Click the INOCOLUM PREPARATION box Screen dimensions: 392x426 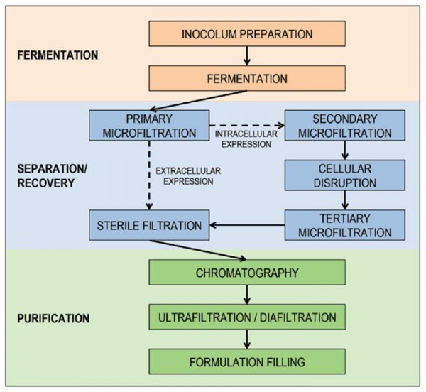click(247, 33)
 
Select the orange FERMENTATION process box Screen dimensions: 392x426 click(247, 77)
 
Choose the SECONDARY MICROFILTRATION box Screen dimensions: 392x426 click(345, 125)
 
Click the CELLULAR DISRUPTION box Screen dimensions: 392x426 click(345, 175)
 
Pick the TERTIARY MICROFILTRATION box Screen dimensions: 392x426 click(345, 224)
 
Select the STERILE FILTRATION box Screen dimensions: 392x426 click(149, 225)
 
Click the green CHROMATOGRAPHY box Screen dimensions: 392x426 click(247, 272)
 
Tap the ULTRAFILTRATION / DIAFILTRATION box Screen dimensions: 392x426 click(247, 316)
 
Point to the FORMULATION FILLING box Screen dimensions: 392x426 click(247, 361)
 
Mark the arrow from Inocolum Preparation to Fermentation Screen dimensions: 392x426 click(247, 55)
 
